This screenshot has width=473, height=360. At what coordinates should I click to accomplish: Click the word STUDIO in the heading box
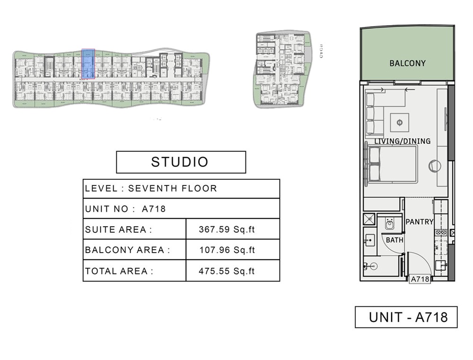click(x=180, y=162)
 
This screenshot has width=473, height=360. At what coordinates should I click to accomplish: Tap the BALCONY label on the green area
click(x=407, y=63)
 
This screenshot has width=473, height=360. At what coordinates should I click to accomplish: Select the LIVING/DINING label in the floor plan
click(x=403, y=141)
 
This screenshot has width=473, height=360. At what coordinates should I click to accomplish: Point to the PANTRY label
click(x=420, y=221)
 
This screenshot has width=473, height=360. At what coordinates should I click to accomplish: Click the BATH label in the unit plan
click(x=395, y=240)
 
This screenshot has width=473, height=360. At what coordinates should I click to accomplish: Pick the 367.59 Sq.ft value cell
click(x=227, y=230)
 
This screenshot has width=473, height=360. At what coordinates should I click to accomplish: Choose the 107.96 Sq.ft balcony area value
click(x=227, y=250)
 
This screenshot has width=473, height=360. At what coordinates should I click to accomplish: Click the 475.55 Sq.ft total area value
click(x=227, y=271)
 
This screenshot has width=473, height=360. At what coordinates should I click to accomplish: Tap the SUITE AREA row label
click(x=119, y=230)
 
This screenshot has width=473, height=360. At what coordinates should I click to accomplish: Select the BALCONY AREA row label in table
click(x=127, y=250)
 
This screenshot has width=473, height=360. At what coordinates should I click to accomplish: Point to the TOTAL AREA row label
click(x=119, y=271)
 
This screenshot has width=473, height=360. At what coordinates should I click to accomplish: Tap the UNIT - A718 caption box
click(x=406, y=317)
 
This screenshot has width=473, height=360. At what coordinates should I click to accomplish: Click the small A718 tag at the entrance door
click(x=420, y=279)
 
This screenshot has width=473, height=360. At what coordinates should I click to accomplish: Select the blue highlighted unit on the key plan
click(x=88, y=63)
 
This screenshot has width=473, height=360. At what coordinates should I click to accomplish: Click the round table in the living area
click(x=434, y=166)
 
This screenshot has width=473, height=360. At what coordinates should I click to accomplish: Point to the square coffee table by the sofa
click(x=400, y=123)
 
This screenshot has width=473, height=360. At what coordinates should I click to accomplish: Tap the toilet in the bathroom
click(x=389, y=223)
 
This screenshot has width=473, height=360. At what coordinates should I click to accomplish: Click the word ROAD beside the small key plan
click(x=321, y=51)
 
